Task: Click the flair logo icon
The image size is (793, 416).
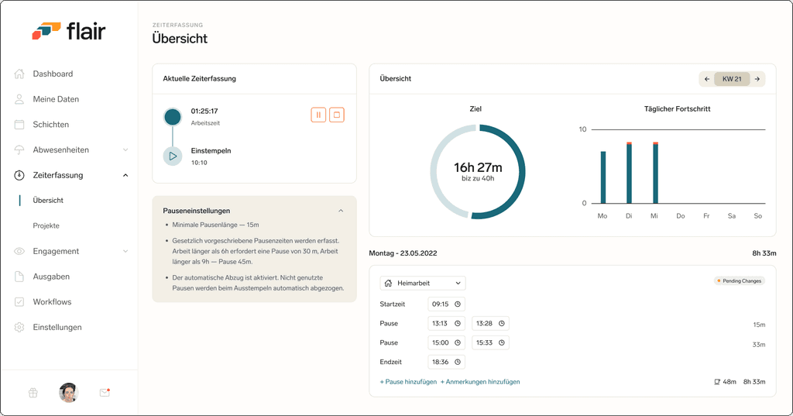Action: pos(46,30)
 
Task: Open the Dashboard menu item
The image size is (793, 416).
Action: pos(53,74)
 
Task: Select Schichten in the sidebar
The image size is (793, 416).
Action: pos(50,125)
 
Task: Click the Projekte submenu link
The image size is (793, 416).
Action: pos(46,225)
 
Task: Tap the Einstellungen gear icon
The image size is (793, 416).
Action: pos(19,328)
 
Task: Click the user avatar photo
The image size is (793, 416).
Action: pos(68,393)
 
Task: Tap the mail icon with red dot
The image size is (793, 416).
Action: pos(105,392)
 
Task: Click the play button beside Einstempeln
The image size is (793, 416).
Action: pos(173,156)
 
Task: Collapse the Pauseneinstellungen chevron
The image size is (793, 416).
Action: pos(341,211)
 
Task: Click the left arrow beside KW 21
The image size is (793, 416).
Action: pos(707,79)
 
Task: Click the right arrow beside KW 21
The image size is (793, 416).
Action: pos(757,79)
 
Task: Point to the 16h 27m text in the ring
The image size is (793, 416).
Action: pos(478,167)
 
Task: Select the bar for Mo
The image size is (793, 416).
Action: pos(602,177)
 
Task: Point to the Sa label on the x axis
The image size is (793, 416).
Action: pos(731,216)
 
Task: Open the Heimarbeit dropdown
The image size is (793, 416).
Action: pos(423,284)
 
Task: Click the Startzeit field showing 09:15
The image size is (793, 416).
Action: pos(446,304)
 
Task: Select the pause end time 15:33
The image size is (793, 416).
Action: pos(490,342)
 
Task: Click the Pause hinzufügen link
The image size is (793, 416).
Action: pos(408,382)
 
